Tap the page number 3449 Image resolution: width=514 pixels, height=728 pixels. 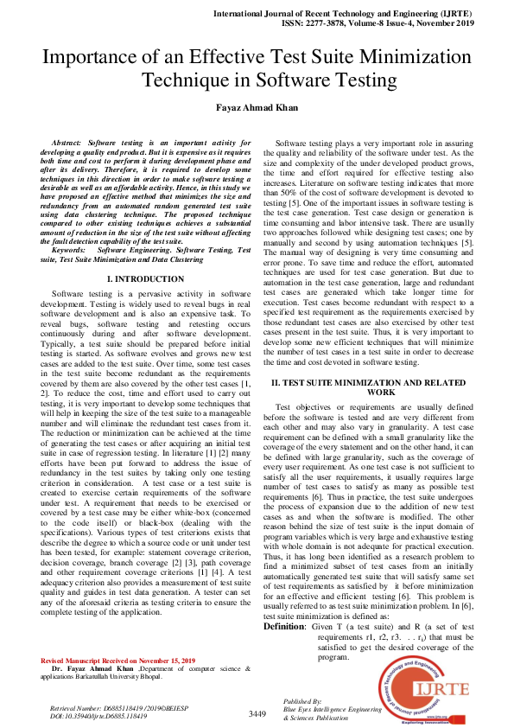(x=257, y=713)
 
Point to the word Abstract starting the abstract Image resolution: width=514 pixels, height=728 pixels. (x=67, y=140)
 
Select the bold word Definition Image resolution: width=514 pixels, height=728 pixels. (x=285, y=626)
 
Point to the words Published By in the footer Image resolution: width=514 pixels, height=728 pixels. (x=302, y=701)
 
